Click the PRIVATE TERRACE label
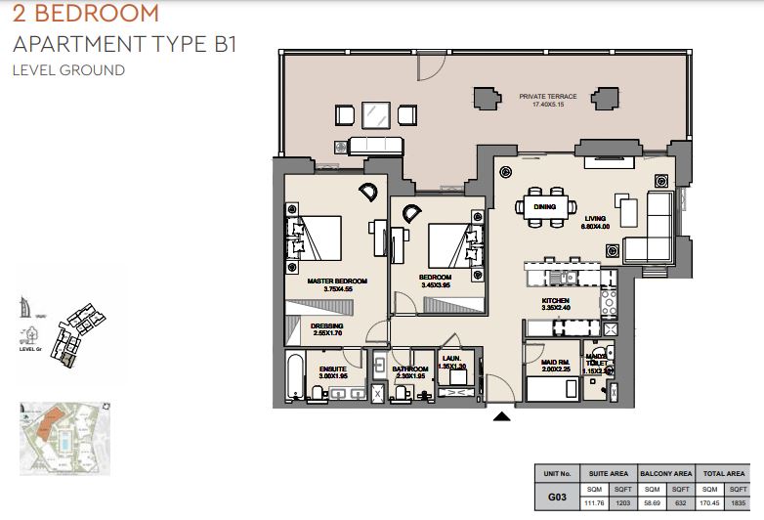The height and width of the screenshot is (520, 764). pyautogui.click(x=548, y=97)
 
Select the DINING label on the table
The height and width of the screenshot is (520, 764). pyautogui.click(x=544, y=207)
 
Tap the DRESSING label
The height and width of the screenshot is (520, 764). pyautogui.click(x=326, y=326)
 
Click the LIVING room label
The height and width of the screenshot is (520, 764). pyautogui.click(x=596, y=219)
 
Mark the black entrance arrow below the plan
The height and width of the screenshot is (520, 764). pyautogui.click(x=501, y=416)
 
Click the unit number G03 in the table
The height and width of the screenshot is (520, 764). pyautogui.click(x=556, y=498)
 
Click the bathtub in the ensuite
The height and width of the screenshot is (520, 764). pyautogui.click(x=295, y=376)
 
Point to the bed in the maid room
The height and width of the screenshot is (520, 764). pyautogui.click(x=551, y=388)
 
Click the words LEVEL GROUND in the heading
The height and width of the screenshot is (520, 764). pyautogui.click(x=68, y=70)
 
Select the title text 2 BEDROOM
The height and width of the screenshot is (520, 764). pyautogui.click(x=85, y=14)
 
